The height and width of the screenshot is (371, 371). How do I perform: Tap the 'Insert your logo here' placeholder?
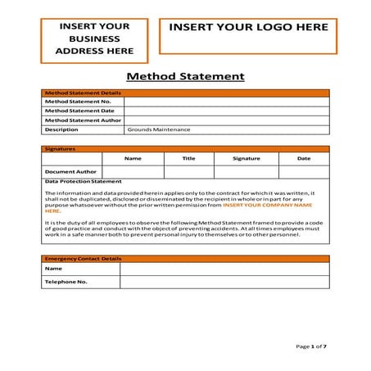(247, 28)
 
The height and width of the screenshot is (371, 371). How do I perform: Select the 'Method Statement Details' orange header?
(82, 93)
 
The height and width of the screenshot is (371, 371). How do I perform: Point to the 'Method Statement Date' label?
(79, 111)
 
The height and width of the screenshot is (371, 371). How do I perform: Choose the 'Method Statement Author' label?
(83, 120)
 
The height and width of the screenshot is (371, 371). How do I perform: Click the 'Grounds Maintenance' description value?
(159, 129)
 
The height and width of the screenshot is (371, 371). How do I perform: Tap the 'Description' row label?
(61, 129)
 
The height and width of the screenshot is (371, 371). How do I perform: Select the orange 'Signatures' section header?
(60, 149)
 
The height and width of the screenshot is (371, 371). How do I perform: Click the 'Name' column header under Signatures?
(133, 158)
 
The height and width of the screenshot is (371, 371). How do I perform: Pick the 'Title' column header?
(188, 158)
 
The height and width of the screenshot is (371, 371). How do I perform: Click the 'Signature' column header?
(246, 158)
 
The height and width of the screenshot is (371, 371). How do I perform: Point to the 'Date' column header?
(303, 158)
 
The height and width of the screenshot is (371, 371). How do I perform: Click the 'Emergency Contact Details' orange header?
(83, 259)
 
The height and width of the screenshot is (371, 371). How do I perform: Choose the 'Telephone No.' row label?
(66, 282)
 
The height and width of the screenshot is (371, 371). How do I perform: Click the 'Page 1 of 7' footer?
(310, 346)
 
